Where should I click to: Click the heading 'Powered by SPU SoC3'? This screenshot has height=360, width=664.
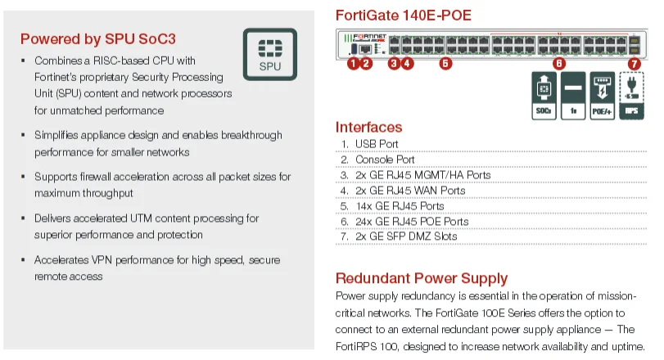[98, 38]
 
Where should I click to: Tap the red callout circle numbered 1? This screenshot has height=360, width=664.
[354, 63]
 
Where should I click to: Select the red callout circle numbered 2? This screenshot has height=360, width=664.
[366, 63]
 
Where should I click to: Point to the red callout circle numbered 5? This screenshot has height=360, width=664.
[445, 63]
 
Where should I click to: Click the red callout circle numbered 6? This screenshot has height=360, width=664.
[559, 63]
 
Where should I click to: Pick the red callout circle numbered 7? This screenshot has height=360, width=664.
[634, 63]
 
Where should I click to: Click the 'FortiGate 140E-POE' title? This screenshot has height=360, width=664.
[404, 16]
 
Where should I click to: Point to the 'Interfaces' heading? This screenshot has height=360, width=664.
[368, 128]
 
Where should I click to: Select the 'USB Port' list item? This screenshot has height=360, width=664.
[377, 144]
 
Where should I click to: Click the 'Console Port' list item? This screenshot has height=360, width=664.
[384, 160]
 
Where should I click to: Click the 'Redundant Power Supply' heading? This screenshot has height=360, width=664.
[422, 278]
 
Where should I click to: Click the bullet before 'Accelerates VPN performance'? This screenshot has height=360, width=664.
[23, 260]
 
